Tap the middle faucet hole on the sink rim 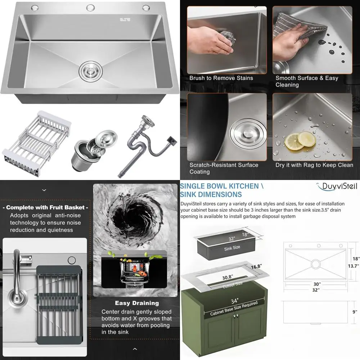(x=90, y=8)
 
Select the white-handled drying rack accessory (x=36, y=137)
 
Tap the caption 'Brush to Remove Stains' (x=221, y=78)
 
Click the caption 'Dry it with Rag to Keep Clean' (x=314, y=165)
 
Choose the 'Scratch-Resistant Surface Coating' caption (x=224, y=168)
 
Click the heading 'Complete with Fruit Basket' (x=45, y=207)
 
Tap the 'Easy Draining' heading (x=137, y=303)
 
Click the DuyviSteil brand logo (x=336, y=186)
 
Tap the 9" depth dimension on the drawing (x=354, y=312)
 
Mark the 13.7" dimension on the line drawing (x=354, y=266)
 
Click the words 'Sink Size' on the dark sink (x=232, y=247)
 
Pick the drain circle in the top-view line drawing (x=316, y=264)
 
